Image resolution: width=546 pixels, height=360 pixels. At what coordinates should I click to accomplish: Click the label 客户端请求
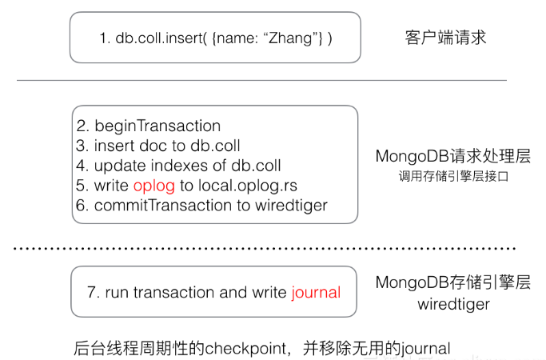pos(445,38)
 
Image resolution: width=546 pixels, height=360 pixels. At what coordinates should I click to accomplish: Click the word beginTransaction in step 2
pos(157,126)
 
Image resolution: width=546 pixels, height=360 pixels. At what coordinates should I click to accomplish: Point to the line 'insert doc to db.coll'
pos(167,146)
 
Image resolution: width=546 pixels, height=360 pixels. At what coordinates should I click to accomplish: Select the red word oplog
pos(153,186)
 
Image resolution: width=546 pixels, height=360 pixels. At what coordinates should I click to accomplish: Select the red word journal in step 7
pos(315,292)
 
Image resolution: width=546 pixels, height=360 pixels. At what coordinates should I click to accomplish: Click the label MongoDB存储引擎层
pos(452,282)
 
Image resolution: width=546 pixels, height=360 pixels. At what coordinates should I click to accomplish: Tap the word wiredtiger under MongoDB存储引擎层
pos(452,304)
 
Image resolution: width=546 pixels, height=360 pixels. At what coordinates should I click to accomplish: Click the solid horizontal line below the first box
pos(261,80)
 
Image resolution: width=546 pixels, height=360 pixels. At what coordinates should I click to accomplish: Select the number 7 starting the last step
pos(90,292)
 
